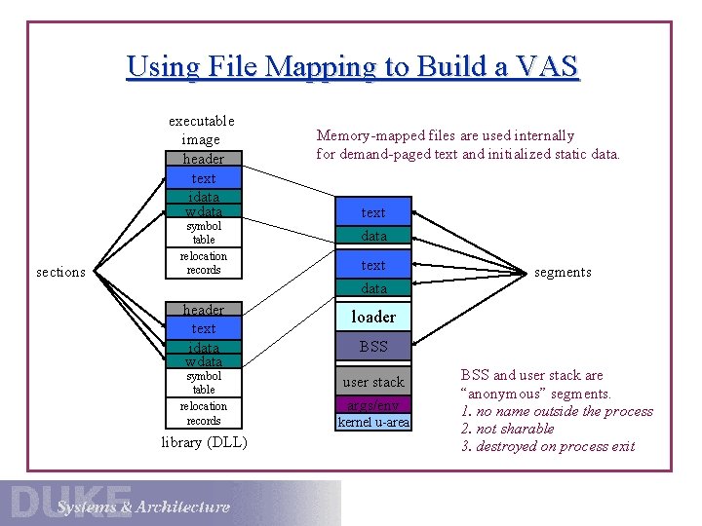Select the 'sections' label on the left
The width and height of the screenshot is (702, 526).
[x=60, y=272]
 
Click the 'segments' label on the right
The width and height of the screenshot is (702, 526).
[x=563, y=272]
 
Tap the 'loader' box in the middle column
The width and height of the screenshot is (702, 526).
[x=373, y=317]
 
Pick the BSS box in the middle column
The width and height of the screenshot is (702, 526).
[x=373, y=346]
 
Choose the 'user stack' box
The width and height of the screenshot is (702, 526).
[x=373, y=382]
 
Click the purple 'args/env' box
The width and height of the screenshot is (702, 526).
[x=373, y=404]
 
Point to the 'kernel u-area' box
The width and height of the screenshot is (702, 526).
[x=373, y=422]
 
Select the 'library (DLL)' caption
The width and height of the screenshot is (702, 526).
[x=203, y=442]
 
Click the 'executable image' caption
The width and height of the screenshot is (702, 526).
[x=201, y=131]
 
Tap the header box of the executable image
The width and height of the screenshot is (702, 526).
[x=203, y=159]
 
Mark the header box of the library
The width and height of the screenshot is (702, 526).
[x=203, y=310]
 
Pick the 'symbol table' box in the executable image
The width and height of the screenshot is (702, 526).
[x=203, y=233]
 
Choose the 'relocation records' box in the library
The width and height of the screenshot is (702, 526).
[x=203, y=413]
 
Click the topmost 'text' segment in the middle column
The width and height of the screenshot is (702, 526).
[x=373, y=211]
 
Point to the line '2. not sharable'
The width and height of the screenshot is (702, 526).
[x=507, y=429]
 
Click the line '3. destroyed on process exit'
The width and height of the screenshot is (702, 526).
[x=547, y=446]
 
